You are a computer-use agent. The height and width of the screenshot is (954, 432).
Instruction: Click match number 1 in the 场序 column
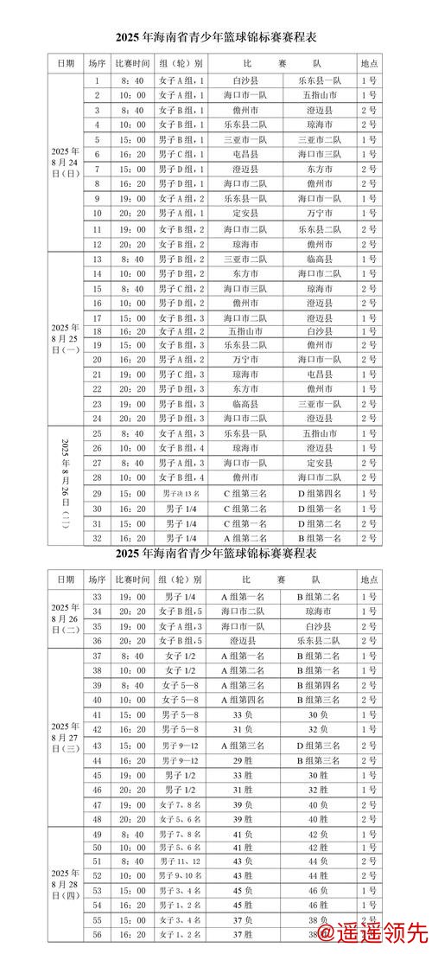[98, 80]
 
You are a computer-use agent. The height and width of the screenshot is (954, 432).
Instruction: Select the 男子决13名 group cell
[181, 493]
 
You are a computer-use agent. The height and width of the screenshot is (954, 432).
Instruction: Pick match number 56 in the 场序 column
[98, 936]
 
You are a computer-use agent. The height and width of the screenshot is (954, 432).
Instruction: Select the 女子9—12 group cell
[181, 760]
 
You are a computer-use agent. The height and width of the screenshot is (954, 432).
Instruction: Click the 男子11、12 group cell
[181, 861]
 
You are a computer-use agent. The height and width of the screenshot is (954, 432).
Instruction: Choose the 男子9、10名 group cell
[181, 876]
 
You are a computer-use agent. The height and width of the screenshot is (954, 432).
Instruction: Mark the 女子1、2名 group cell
[181, 936]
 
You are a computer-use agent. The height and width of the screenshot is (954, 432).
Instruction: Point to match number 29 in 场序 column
[98, 493]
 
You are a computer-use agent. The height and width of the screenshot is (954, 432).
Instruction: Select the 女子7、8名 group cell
[181, 804]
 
